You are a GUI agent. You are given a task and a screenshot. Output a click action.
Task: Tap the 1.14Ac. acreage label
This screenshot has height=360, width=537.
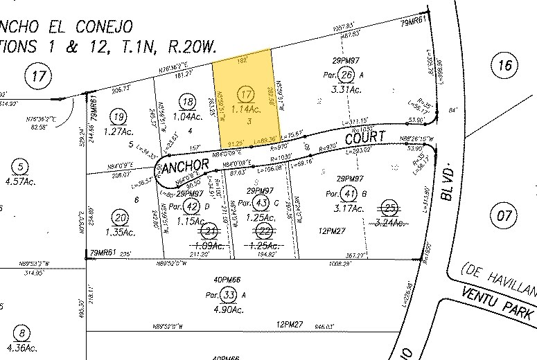[x=245, y=109]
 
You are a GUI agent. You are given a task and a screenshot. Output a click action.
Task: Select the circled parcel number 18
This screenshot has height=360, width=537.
[x=186, y=102]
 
